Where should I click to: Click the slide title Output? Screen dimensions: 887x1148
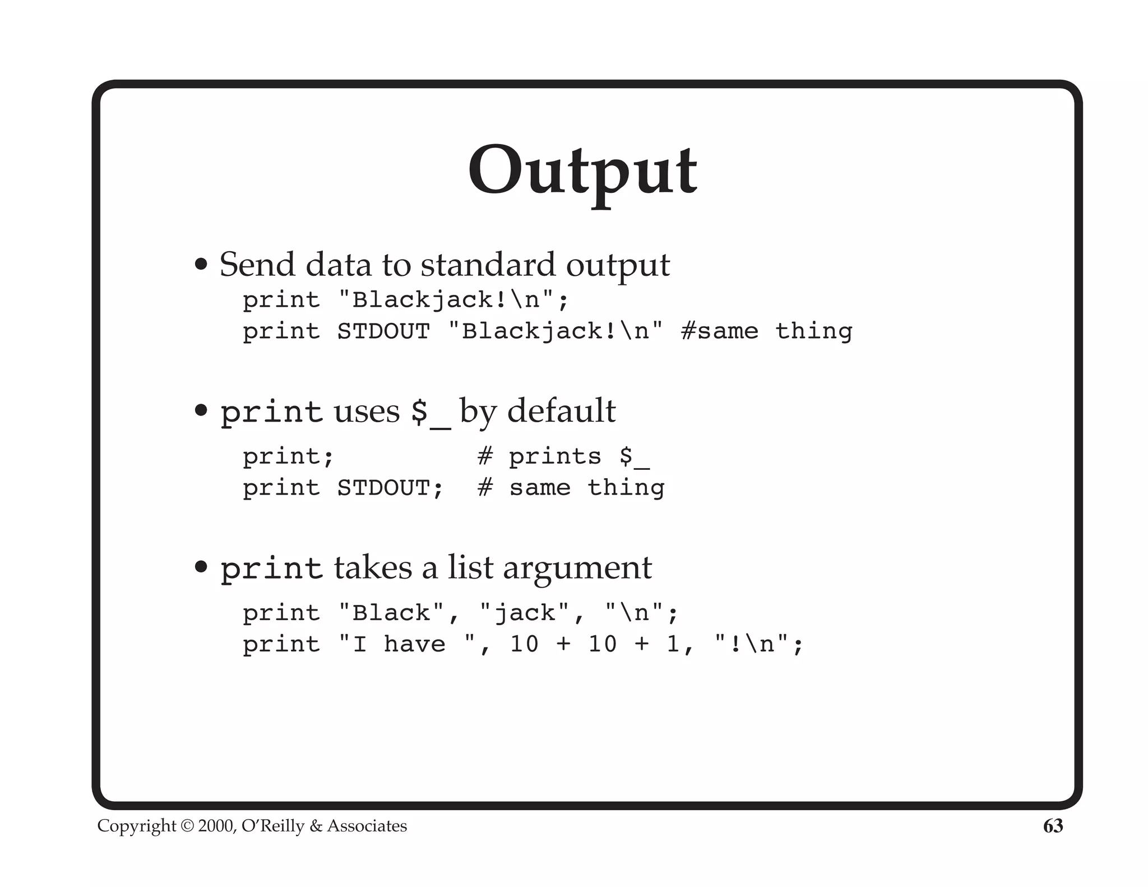582,171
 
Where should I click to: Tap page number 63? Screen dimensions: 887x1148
1053,826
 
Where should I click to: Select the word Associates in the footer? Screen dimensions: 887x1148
367,826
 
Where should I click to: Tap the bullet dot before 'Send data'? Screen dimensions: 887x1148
201,264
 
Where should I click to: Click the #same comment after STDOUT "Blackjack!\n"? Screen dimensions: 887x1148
719,331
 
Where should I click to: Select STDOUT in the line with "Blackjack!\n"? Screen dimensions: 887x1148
383,331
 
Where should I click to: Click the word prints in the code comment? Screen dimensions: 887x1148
555,456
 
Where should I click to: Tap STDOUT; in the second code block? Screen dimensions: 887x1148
390,487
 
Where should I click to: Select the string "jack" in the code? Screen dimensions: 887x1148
525,612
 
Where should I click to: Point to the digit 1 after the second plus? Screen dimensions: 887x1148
673,644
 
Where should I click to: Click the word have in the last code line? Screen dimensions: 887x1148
414,644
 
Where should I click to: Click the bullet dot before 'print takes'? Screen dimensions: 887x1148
201,567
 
